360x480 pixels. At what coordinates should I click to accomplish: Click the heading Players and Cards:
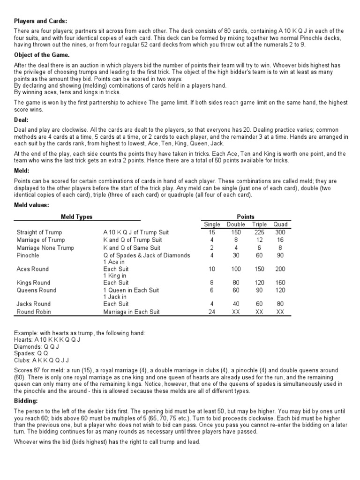pos(40,21)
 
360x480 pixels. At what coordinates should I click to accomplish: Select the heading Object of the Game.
pos(42,55)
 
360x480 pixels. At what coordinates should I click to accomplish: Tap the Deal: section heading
pos(22,120)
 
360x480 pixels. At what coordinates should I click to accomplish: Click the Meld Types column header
pos(77,217)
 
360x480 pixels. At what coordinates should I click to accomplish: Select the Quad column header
pos(280,224)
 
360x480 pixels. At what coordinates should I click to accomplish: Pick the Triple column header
pos(259,224)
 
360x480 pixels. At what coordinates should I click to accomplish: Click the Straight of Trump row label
pos(39,232)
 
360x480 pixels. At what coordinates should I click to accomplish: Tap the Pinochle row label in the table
pos(28,255)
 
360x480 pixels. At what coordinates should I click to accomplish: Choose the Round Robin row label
pos(34,311)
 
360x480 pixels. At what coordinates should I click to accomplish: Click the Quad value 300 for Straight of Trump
pos(280,232)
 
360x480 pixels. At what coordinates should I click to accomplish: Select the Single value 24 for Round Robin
pos(212,311)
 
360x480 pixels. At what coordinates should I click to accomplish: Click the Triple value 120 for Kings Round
pos(259,283)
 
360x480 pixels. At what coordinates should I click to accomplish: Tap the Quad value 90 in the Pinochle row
pos(280,255)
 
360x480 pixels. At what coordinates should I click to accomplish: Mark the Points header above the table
pos(246,217)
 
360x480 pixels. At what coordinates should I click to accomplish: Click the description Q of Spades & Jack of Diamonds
pos(147,255)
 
